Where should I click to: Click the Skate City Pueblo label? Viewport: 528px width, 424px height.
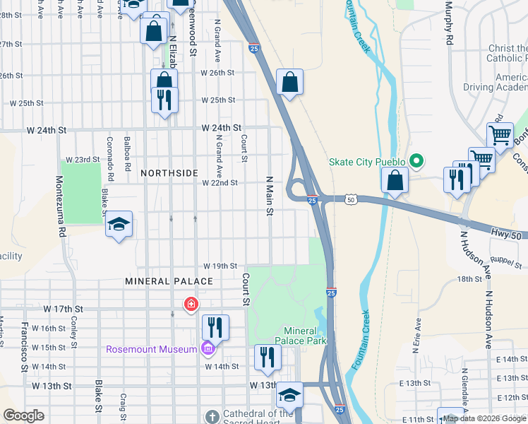pos(366,162)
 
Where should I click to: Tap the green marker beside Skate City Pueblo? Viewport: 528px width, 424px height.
pos(416,162)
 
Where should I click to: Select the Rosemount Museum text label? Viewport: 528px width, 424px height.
pos(151,349)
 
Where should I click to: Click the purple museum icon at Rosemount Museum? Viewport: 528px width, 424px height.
pos(207,349)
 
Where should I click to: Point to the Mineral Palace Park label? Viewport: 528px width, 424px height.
pos(306,336)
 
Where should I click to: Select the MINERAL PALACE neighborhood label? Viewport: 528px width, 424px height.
pos(169,281)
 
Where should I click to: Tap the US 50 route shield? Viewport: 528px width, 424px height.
pos(351,201)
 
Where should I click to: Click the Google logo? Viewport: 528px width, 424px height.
pos(24,416)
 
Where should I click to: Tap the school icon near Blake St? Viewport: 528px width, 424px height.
pos(119,225)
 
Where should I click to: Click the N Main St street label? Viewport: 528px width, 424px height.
pos(269,197)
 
